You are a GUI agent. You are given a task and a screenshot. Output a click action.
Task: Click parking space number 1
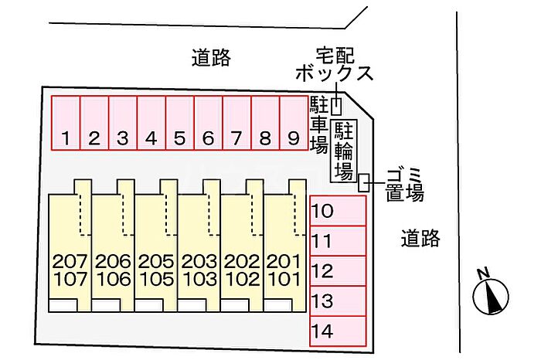point(66,123)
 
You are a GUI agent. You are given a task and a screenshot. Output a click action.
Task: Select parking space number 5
point(180,123)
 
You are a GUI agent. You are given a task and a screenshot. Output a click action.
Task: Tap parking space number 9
point(294,123)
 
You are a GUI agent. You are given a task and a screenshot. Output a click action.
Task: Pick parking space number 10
point(338,211)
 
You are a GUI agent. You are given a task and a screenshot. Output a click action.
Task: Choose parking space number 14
point(338,331)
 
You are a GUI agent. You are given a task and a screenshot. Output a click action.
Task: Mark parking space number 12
point(338,271)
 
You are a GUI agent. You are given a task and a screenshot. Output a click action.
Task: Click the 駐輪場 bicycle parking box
point(344,151)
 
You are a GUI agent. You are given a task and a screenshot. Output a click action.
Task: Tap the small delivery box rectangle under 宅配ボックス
point(336,107)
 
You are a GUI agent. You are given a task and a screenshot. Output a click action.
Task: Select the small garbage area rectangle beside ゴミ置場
point(364,182)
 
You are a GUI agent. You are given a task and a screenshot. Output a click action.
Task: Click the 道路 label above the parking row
point(211,58)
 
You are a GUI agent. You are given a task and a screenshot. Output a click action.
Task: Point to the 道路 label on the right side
point(420,238)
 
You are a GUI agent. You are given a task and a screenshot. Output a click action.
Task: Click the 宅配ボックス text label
point(335,65)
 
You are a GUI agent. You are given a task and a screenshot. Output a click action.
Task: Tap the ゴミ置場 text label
point(405,185)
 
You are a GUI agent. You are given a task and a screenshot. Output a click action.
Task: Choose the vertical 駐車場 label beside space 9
point(318,124)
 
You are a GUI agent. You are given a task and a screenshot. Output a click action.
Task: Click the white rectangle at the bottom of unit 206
point(106,305)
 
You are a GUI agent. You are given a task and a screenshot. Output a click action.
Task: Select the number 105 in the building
point(156,280)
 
